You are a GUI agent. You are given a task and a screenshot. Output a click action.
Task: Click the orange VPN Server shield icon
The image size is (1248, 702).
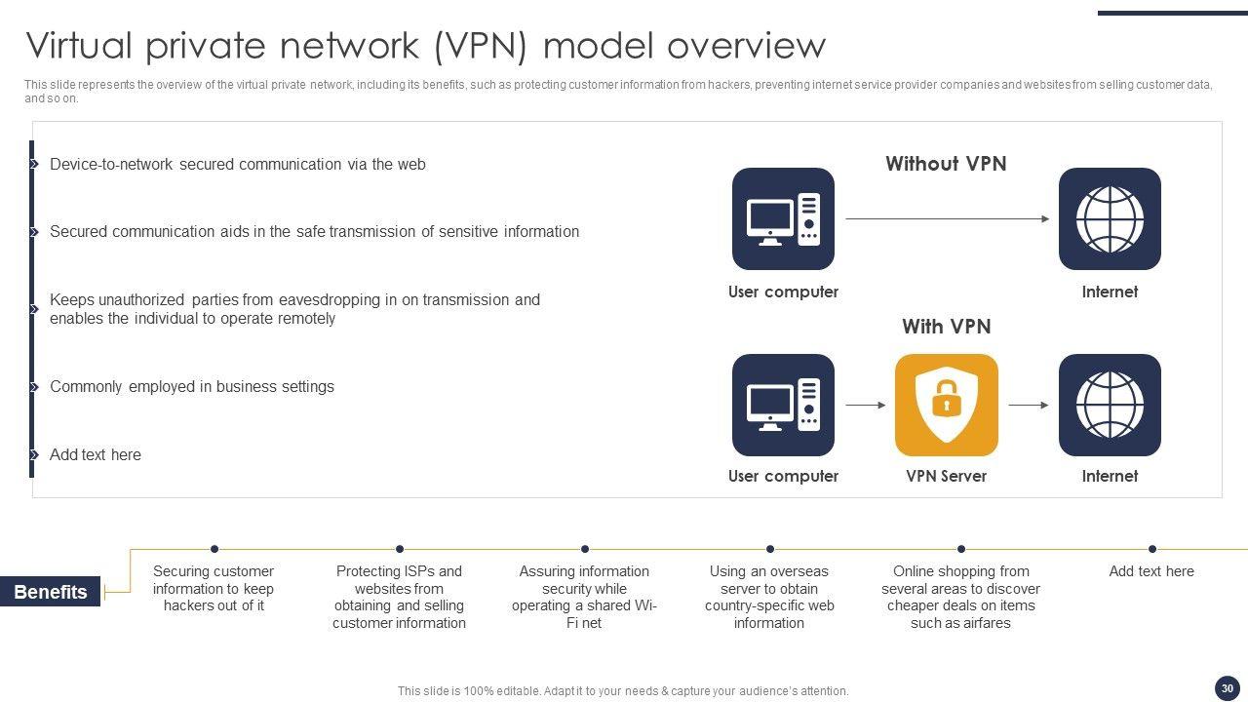(x=946, y=405)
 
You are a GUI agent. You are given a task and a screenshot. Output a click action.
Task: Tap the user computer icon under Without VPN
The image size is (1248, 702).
(x=783, y=218)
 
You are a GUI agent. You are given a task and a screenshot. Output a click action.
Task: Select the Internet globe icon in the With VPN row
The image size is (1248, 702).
(x=1110, y=405)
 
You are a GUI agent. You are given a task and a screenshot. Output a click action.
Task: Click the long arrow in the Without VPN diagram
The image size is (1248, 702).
(x=947, y=219)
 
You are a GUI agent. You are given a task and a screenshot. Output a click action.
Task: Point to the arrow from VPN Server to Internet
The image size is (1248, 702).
(x=1029, y=405)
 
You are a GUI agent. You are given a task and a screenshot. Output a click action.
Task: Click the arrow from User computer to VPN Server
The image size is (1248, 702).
(x=865, y=405)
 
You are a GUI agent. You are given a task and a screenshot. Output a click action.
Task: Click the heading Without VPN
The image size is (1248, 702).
(x=946, y=164)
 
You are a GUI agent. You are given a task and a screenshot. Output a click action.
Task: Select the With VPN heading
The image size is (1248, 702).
(x=946, y=327)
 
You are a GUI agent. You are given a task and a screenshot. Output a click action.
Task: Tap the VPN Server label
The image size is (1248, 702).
(x=946, y=476)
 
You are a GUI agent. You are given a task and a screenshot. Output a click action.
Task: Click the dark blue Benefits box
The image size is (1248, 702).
(x=51, y=592)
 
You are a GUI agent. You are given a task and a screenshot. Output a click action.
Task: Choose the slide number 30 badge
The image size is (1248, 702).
(x=1228, y=688)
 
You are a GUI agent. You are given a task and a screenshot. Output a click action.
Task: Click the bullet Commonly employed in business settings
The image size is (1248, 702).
(x=192, y=387)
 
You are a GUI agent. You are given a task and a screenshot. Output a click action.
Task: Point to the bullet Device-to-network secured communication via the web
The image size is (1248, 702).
(x=238, y=165)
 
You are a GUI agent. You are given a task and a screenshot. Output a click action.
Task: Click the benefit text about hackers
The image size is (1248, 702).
(x=214, y=589)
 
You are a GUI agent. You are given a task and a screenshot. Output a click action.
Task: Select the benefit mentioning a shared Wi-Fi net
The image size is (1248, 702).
(x=584, y=597)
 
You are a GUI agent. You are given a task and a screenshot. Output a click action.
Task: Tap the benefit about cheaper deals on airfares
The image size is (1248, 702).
(x=960, y=597)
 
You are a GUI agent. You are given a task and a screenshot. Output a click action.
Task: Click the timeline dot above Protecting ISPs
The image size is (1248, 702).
(x=400, y=549)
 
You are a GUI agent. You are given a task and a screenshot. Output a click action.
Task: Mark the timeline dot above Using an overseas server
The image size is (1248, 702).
(x=770, y=549)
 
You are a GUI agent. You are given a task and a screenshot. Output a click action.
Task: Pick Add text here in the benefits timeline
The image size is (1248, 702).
(x=1151, y=571)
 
